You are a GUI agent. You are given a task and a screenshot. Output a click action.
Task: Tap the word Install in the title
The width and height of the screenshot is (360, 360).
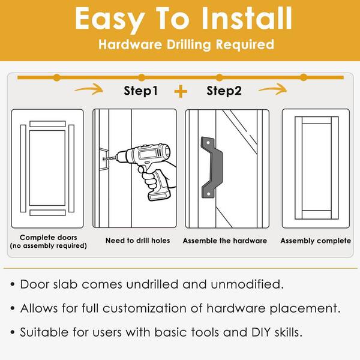pyautogui.click(x=247, y=18)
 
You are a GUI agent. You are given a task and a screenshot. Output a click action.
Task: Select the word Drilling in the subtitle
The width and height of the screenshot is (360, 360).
pyautogui.click(x=188, y=45)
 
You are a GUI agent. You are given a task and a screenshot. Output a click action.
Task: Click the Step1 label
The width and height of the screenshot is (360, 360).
pyautogui.click(x=141, y=91)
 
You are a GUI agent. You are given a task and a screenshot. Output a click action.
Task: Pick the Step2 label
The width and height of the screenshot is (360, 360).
pyautogui.click(x=224, y=91)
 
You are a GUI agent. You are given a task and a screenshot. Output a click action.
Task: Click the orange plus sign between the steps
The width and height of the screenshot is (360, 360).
pyautogui.click(x=181, y=91)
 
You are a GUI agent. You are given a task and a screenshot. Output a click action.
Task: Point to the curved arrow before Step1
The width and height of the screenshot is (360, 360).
pyautogui.click(x=89, y=89)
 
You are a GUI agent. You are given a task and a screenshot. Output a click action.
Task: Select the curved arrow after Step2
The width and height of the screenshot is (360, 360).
pyautogui.click(x=273, y=89)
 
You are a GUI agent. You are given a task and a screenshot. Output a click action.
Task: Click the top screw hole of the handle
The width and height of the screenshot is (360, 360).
pyautogui.click(x=208, y=143)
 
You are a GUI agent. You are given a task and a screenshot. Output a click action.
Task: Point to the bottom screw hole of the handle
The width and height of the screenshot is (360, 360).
pyautogui.click(x=209, y=194)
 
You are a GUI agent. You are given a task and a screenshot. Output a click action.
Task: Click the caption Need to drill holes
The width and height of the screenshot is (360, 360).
pyautogui.click(x=138, y=241)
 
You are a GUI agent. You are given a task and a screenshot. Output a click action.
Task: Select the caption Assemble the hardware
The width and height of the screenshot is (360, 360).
pyautogui.click(x=225, y=241)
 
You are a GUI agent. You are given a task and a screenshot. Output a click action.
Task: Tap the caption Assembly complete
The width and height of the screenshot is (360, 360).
pyautogui.click(x=316, y=241)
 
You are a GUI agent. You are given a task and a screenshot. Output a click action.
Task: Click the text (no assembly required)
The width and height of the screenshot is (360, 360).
pyautogui.click(x=49, y=246)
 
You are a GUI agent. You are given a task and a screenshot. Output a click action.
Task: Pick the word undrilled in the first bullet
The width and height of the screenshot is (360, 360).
pyautogui.click(x=152, y=284)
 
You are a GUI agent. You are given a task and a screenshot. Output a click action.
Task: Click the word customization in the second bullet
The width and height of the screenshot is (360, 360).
pyautogui.click(x=145, y=308)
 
